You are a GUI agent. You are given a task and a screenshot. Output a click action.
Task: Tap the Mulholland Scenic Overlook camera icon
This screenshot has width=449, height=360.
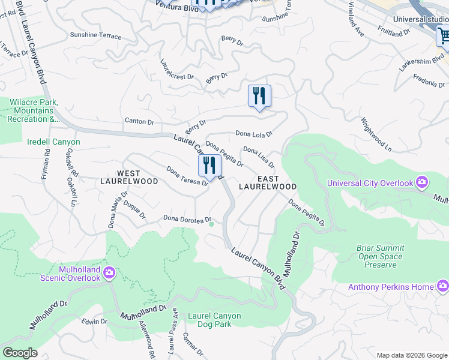click(109, 274)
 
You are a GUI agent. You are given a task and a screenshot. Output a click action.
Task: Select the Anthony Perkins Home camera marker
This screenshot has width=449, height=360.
click(443, 287)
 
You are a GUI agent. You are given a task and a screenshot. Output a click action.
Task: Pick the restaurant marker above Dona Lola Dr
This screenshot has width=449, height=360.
click(259, 97)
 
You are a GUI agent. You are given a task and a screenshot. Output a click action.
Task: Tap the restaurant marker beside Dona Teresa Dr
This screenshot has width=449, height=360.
click(209, 166)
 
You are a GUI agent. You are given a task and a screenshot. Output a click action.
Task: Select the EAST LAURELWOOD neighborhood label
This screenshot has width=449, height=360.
click(268, 183)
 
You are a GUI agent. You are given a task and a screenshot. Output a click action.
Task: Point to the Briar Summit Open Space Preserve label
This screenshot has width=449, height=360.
click(381, 256)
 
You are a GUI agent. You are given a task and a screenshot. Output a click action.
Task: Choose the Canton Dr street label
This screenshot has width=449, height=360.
click(139, 121)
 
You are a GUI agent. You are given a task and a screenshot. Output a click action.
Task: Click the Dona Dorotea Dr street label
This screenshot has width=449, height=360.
click(187, 219)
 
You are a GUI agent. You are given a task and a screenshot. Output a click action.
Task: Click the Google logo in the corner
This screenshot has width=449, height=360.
click(20, 353)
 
